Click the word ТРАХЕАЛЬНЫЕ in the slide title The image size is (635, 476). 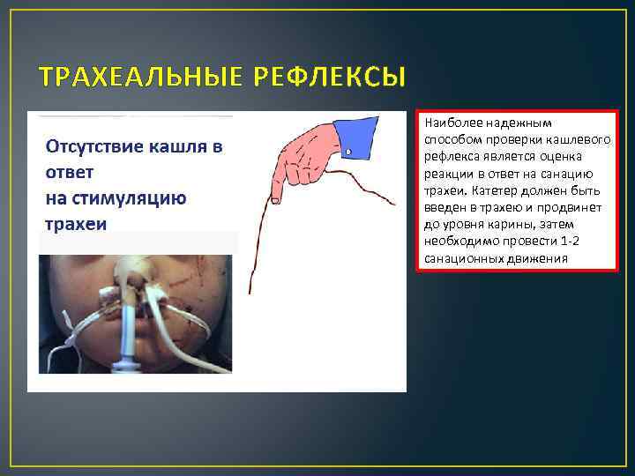(x=131, y=78)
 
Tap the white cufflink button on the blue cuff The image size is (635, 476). (x=350, y=152)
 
